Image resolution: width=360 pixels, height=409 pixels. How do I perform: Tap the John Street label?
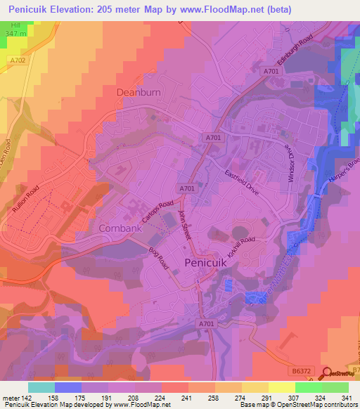185,226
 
